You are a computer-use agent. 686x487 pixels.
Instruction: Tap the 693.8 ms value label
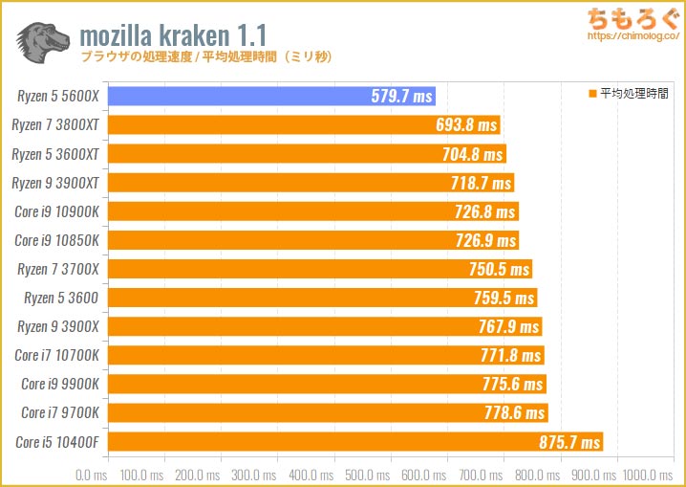pos(466,125)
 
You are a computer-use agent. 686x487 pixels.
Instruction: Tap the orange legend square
pos(592,94)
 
